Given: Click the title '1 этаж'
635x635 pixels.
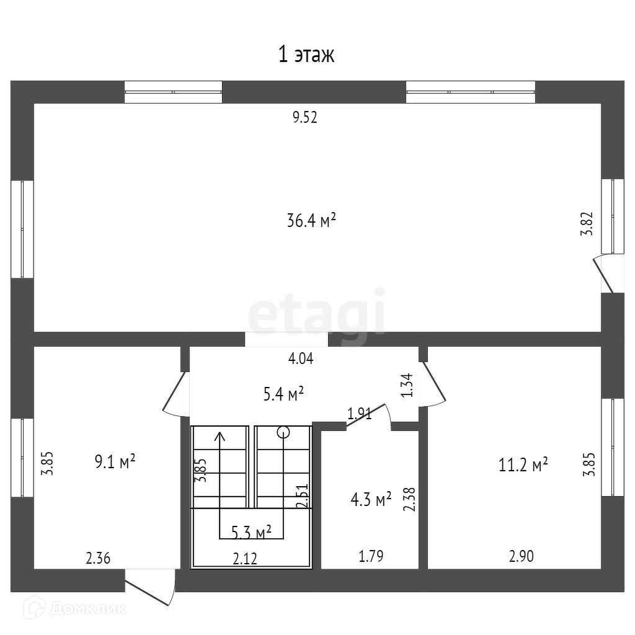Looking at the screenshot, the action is point(306,55).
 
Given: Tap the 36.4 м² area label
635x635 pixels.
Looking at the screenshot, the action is point(311,221).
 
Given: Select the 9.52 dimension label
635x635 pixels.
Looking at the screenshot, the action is point(305,118).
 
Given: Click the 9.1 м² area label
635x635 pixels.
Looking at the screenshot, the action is point(115,462).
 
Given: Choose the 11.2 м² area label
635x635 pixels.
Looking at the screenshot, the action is point(523,464).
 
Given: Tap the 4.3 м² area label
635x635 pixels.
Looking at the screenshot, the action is point(370,499).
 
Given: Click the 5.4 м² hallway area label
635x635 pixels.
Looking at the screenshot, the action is point(282,393).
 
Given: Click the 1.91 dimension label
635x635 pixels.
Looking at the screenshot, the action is point(359,414).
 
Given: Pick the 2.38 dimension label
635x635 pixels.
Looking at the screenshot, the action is point(409,499).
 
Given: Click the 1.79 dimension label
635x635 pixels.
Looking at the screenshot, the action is point(371,556).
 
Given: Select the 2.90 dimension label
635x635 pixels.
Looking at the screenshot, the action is point(521,556).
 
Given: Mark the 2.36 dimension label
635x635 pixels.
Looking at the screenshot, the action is point(98,558).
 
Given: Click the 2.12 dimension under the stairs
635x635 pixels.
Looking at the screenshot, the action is point(245,559).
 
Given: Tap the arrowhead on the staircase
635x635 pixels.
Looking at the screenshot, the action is point(220,436).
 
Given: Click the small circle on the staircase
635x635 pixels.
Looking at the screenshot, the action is point(283,432).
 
